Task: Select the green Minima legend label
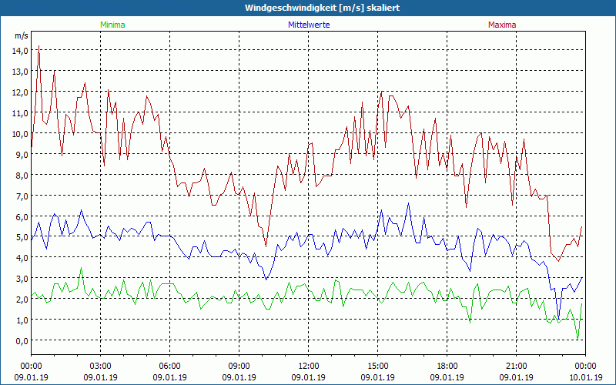click(x=112, y=25)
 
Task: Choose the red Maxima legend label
click(x=502, y=25)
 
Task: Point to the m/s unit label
click(x=22, y=35)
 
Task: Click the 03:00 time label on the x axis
click(x=101, y=366)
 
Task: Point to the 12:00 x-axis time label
click(x=309, y=366)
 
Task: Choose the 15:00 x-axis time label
click(x=378, y=366)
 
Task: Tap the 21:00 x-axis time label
click(x=517, y=366)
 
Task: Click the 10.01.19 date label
click(x=585, y=377)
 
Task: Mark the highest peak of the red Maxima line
click(x=38, y=46)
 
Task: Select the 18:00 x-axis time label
click(x=447, y=366)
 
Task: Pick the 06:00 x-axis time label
click(x=170, y=366)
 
